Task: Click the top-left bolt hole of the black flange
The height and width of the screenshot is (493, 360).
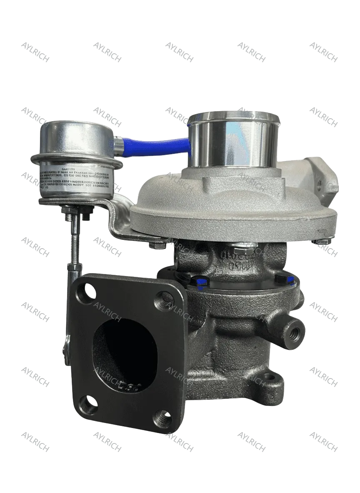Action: click(x=89, y=289)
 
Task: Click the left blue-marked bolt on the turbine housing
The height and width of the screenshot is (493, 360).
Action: click(x=200, y=282)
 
